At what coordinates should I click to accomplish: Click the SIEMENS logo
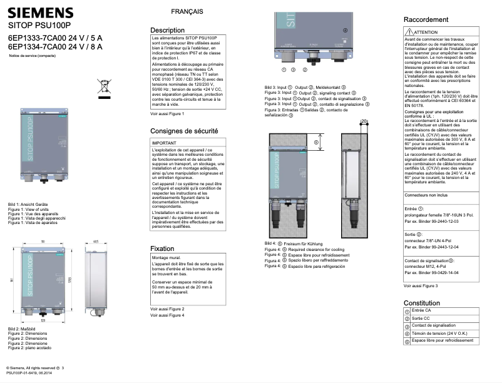tap(40, 13)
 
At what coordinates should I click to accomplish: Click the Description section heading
tap(168, 30)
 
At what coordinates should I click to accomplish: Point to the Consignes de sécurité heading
tap(184, 131)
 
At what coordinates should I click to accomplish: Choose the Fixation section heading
tap(163, 248)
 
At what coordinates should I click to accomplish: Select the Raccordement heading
tap(426, 20)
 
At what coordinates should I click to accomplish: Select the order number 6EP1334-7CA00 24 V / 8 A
tap(55, 46)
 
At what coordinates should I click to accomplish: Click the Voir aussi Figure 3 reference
tap(421, 286)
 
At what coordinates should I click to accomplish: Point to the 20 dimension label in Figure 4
tap(364, 121)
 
